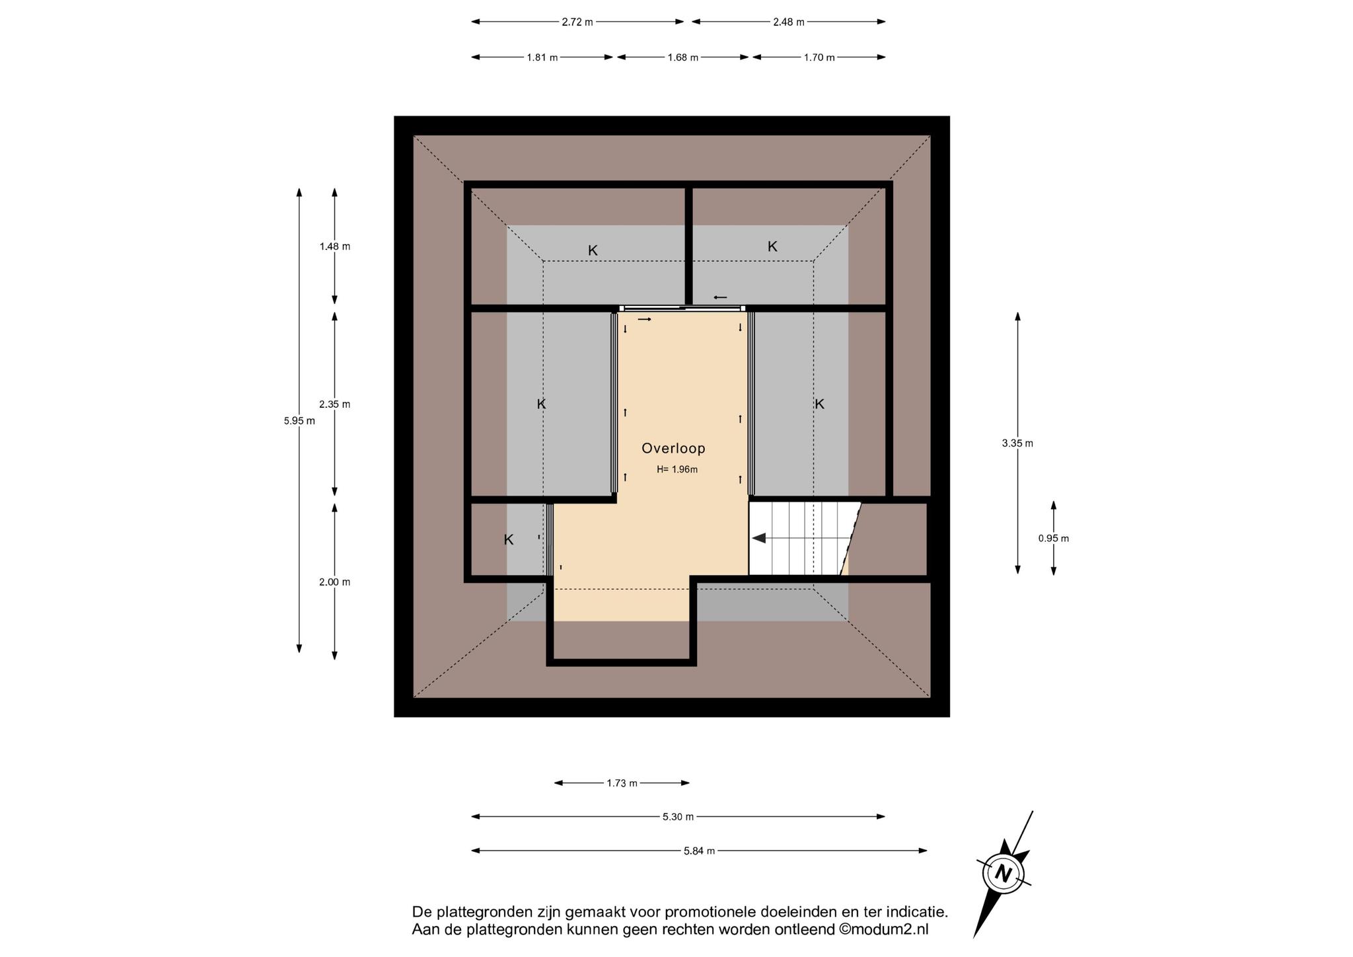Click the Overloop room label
pos(673,449)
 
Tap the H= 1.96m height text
pos(677,470)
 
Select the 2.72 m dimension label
pos(577,22)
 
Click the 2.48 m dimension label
pos(789,22)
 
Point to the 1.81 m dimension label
pos(542,57)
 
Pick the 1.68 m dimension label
pos(683,57)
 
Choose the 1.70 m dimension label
pos(819,57)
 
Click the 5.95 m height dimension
pos(299,420)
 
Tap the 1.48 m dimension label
pos(335,247)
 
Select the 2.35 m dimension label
pos(335,404)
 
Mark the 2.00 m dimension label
pos(335,582)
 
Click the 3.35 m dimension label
pos(1017,443)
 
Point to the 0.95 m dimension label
pos(1054,539)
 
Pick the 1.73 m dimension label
pos(622,784)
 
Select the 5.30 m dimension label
pos(678,817)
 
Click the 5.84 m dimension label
pos(700,851)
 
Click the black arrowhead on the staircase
pos(758,538)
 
